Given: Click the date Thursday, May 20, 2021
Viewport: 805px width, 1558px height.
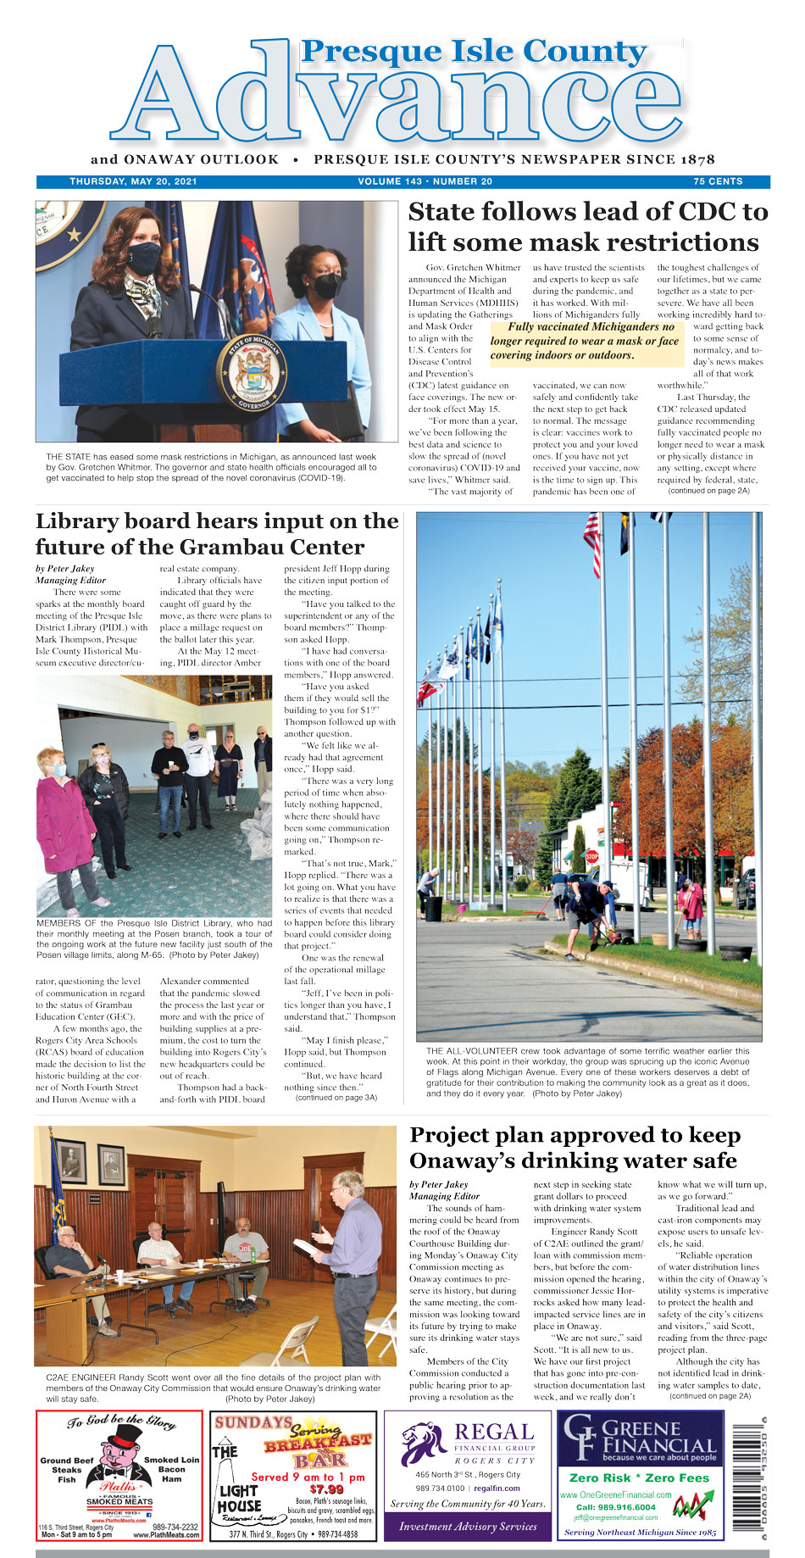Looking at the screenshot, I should click(x=133, y=181).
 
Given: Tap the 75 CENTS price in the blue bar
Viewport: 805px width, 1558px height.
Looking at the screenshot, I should click(x=718, y=181).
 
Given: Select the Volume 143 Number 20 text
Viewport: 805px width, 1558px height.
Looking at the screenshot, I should click(x=425, y=181).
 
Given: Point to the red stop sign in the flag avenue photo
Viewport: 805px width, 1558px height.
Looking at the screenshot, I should click(x=591, y=857).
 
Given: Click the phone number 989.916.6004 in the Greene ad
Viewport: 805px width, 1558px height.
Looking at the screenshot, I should click(x=615, y=1507).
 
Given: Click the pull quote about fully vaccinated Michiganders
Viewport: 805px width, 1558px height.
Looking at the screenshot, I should click(x=586, y=341).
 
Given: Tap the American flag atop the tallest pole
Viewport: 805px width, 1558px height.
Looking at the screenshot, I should click(x=591, y=543).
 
